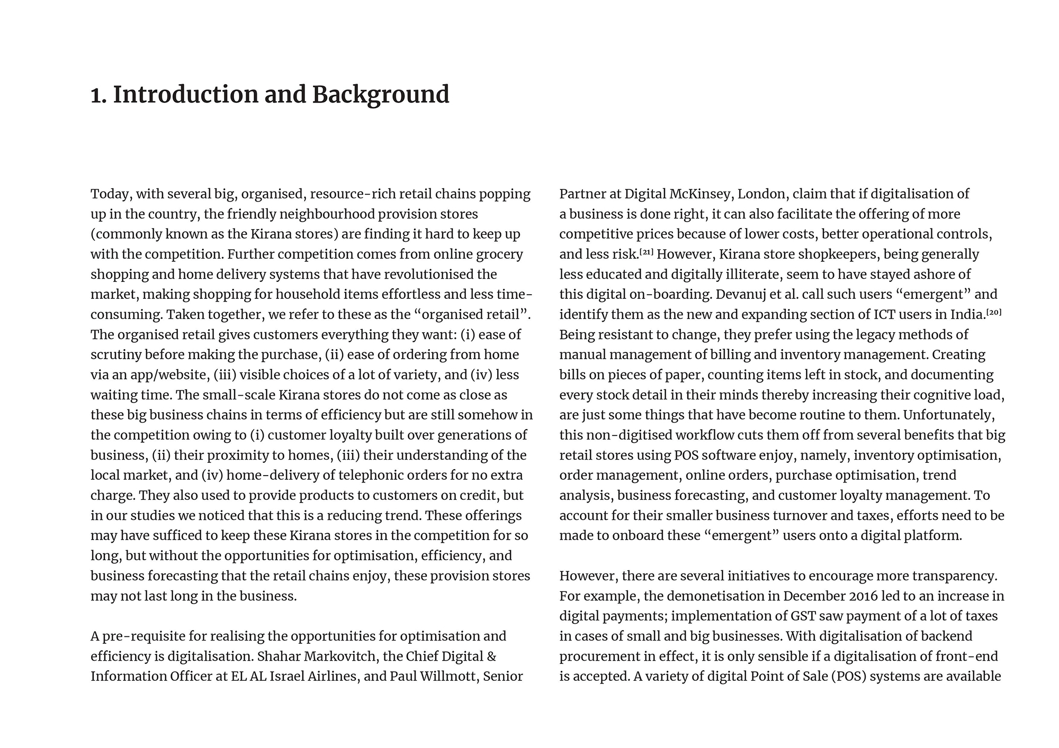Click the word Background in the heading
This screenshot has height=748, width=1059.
(x=380, y=95)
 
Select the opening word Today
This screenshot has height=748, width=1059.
(x=110, y=194)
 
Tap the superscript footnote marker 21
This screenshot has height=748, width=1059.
(x=647, y=252)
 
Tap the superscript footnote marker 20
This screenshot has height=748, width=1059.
(x=994, y=312)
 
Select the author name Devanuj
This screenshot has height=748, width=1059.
(x=742, y=295)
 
